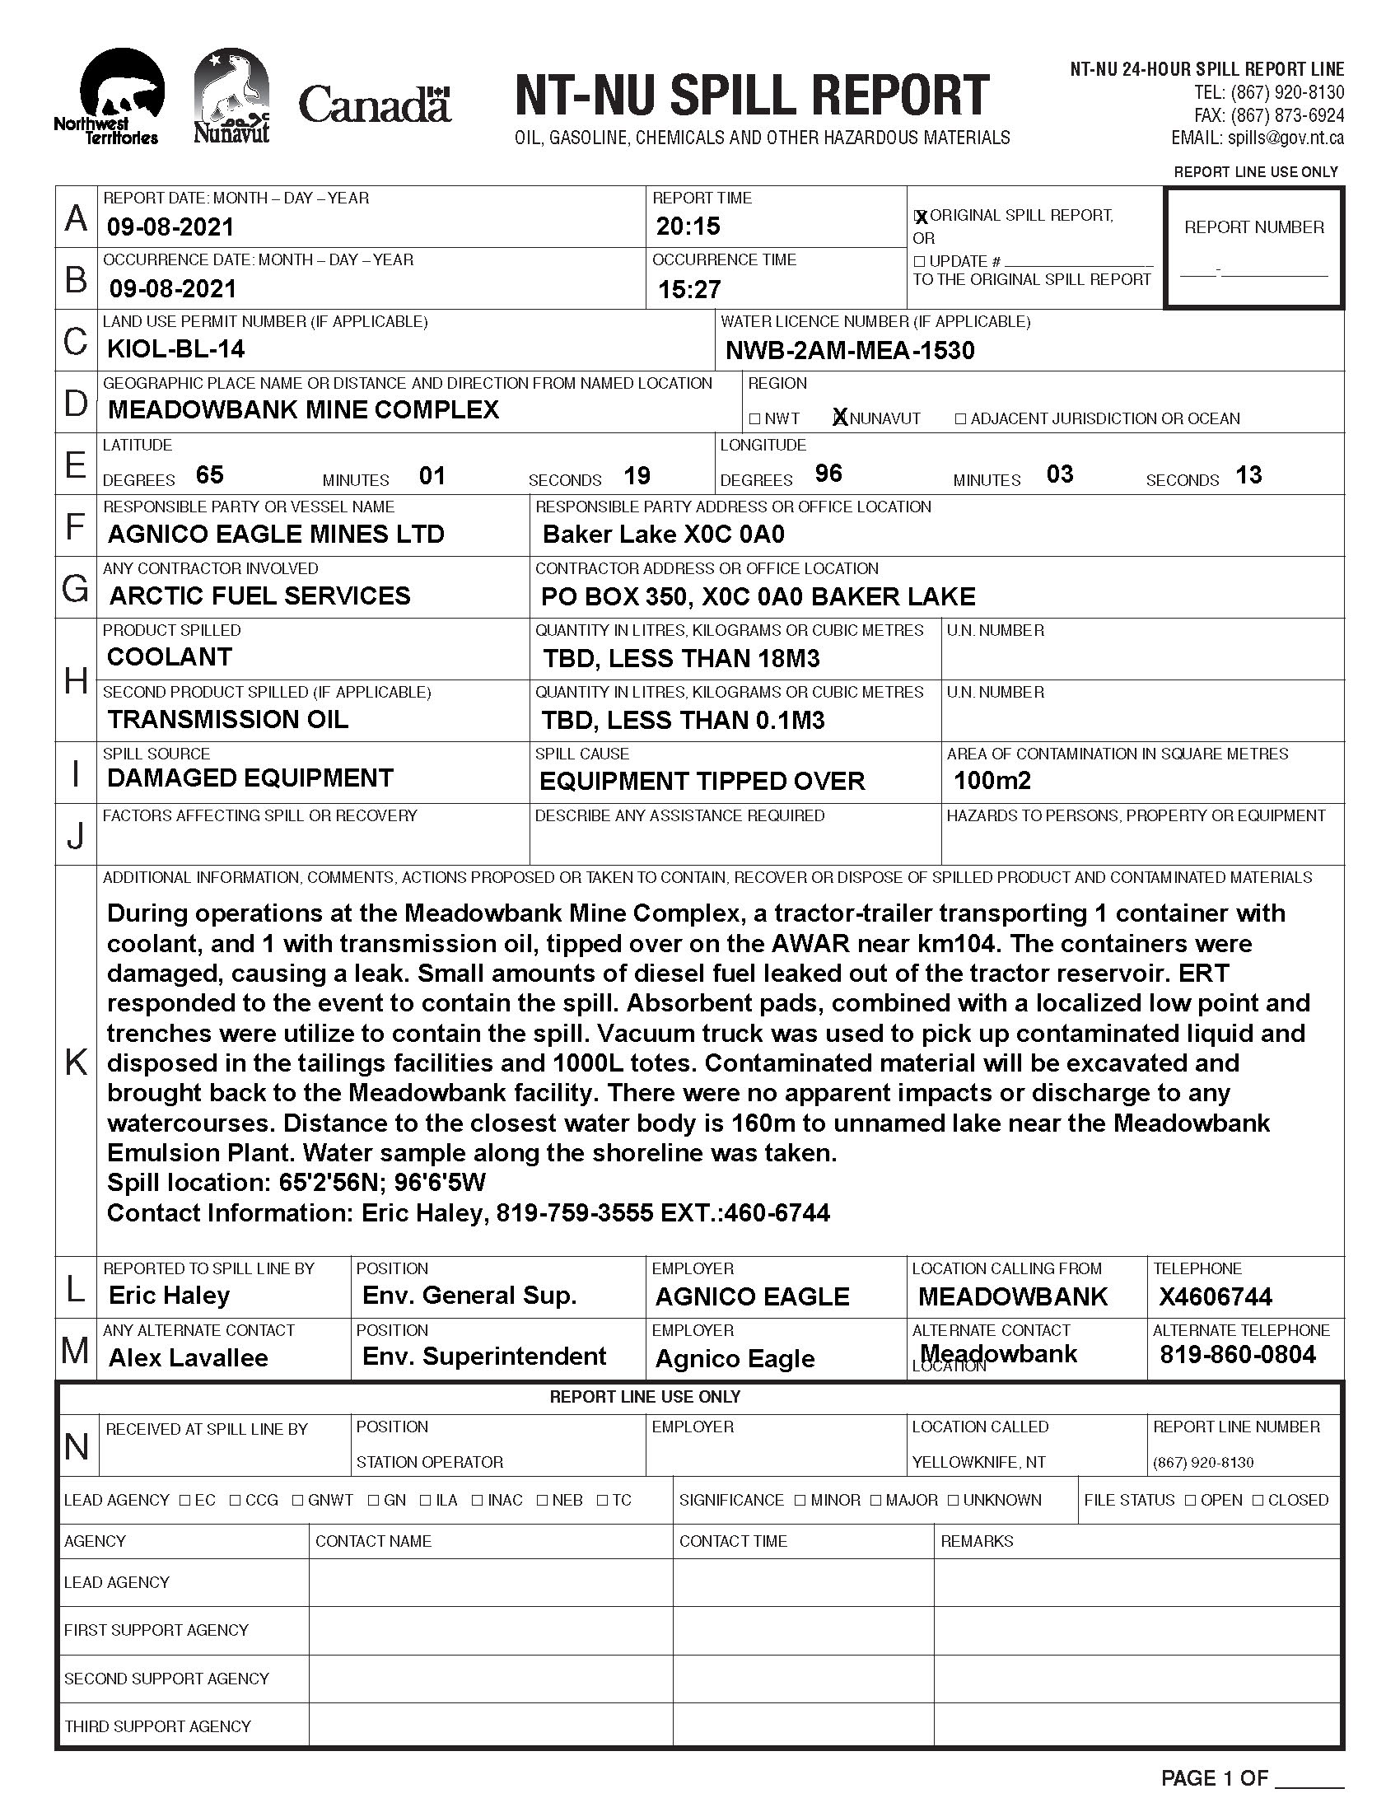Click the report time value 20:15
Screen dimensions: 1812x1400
coord(688,226)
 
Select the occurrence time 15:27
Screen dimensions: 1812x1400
coord(689,290)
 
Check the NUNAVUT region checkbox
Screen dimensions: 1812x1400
coord(840,418)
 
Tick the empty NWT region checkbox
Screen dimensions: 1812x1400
coord(754,419)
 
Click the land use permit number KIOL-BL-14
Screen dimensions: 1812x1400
coord(176,349)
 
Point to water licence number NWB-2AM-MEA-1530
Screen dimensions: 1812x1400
coord(849,351)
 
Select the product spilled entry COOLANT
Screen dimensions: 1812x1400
coord(169,657)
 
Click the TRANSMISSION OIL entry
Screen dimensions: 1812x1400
coord(227,719)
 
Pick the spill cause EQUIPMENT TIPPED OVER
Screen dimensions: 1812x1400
coord(702,782)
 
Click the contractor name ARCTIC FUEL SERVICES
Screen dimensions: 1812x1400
coord(259,595)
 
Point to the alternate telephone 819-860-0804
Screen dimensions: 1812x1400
coord(1238,1355)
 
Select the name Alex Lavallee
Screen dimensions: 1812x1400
coord(189,1358)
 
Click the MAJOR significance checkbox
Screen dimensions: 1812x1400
coord(876,1500)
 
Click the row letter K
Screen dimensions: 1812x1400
coord(76,1061)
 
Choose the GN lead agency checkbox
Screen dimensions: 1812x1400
coord(374,1500)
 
